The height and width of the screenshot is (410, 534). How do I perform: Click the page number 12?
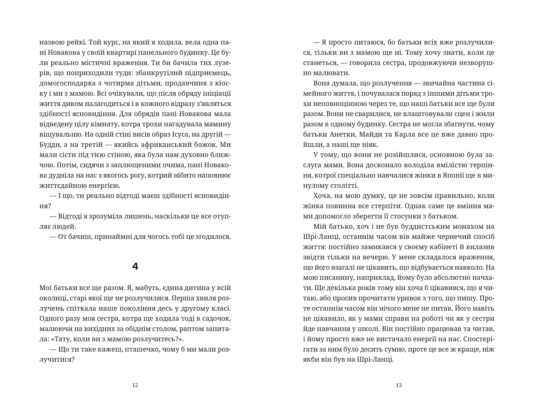click(135, 385)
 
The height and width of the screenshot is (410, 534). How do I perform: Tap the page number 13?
click(399, 385)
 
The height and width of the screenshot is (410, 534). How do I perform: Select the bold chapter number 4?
click(135, 267)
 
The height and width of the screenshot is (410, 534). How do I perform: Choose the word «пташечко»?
click(140, 349)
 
